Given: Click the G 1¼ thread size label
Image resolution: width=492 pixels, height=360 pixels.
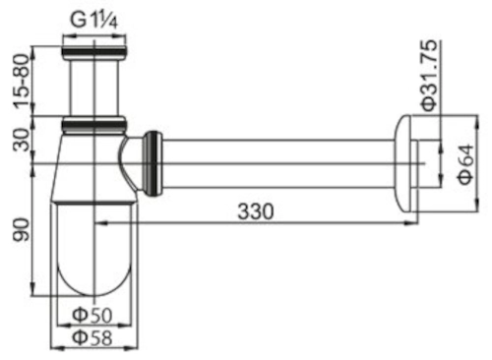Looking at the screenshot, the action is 93,21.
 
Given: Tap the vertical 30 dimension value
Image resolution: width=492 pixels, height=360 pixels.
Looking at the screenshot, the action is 22,140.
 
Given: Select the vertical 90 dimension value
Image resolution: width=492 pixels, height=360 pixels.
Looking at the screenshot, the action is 22,229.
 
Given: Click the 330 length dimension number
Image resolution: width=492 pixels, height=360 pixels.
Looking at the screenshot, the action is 256,211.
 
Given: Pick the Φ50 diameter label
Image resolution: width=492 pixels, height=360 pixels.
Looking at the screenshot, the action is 92,316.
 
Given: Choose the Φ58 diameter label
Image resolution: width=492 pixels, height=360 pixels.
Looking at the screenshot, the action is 92,337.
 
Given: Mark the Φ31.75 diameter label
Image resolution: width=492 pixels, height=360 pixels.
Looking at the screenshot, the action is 429,76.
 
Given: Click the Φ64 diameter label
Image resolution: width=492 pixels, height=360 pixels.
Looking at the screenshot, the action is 465,164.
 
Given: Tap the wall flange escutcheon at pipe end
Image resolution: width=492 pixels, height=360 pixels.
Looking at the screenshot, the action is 405,163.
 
